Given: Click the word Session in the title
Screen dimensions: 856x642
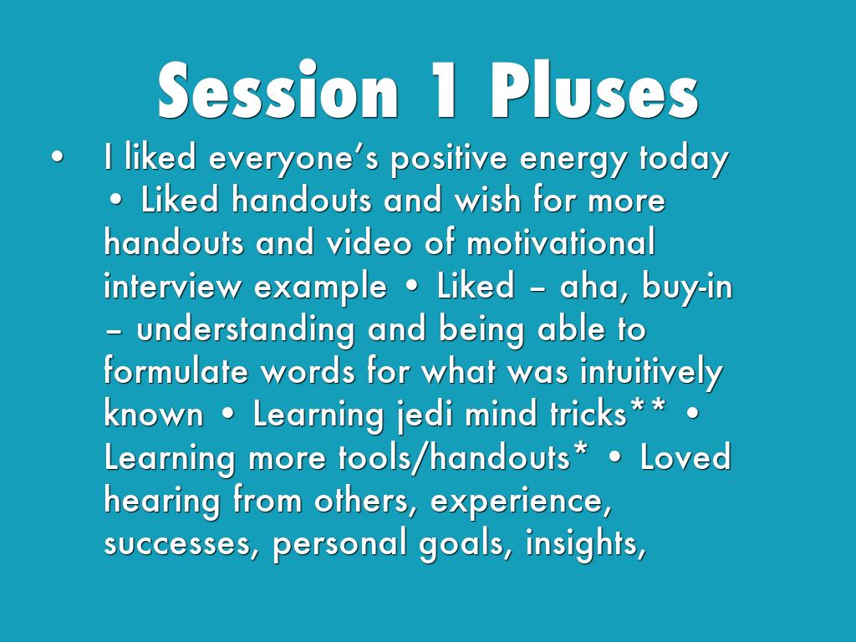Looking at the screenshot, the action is (278, 90).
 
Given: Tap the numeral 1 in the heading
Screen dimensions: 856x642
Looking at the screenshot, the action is (444, 90).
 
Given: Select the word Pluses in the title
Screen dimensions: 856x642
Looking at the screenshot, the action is (594, 90).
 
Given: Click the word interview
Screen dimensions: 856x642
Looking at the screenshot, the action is (172, 286).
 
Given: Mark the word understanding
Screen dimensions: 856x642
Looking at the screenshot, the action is (245, 330).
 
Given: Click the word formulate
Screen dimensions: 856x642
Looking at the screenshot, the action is (176, 370).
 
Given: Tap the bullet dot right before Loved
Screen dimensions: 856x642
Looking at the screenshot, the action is (614, 457).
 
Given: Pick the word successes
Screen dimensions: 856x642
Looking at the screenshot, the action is (176, 544).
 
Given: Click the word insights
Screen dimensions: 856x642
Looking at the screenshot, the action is (585, 543).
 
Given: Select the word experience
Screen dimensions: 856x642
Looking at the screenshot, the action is (521, 502).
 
